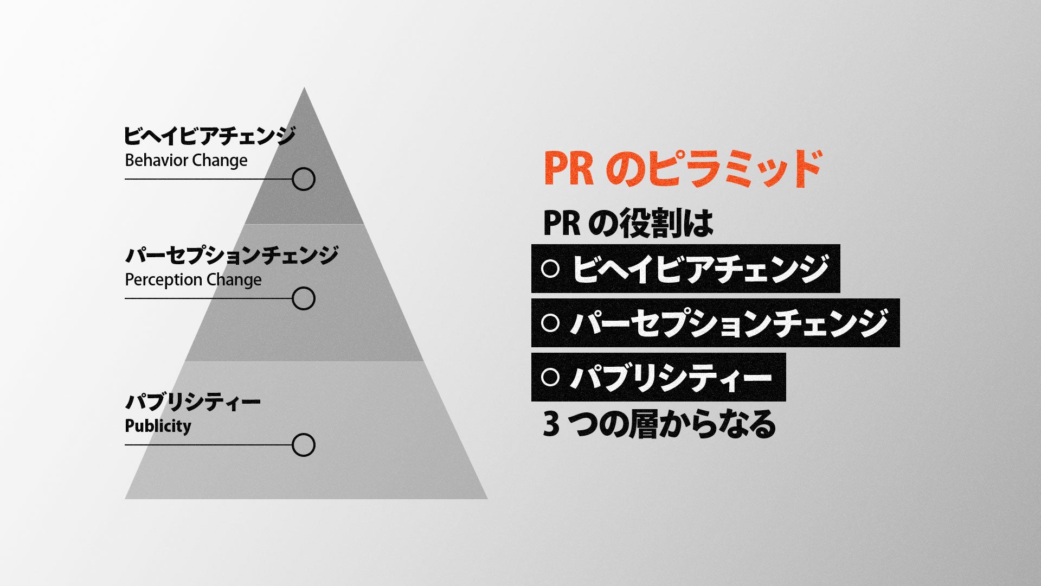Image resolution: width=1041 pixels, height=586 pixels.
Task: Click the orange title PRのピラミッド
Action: (x=682, y=169)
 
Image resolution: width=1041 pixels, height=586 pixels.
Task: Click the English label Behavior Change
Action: (x=186, y=161)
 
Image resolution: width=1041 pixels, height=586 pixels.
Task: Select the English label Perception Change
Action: (x=193, y=280)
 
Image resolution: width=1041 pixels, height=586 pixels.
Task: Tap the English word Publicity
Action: (x=158, y=426)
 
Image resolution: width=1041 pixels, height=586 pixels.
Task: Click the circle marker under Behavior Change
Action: (x=304, y=179)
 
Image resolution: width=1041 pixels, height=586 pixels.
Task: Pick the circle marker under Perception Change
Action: (x=304, y=298)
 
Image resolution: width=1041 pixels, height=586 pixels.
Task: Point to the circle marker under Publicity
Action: (x=304, y=445)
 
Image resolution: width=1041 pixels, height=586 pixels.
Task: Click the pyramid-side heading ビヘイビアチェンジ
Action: (x=209, y=136)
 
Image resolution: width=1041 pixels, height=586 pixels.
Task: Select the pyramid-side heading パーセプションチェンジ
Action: (x=232, y=255)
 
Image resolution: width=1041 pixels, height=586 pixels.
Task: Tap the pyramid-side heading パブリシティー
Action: (x=192, y=402)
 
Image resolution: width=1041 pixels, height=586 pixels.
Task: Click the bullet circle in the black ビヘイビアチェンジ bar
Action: (x=550, y=269)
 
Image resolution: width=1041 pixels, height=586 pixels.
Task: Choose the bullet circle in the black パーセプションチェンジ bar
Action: (x=550, y=323)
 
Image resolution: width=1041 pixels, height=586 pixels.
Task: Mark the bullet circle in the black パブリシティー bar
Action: (x=550, y=377)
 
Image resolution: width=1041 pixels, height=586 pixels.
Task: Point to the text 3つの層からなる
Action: (x=659, y=424)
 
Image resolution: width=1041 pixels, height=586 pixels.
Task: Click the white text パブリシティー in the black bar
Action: (x=671, y=377)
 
